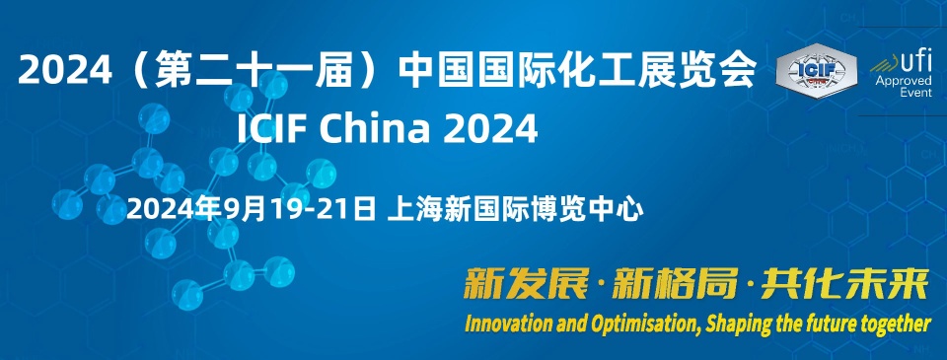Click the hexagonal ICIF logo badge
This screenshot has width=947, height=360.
tap(816, 71)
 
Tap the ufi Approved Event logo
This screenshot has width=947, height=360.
tap(902, 75)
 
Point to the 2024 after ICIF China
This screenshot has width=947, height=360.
tap(490, 128)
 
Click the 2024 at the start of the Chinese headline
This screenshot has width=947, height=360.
tap(65, 69)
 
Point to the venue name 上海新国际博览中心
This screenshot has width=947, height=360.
tap(515, 210)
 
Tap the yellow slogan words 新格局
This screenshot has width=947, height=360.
tap(675, 283)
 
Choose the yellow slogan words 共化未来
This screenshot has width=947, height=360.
tap(844, 283)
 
